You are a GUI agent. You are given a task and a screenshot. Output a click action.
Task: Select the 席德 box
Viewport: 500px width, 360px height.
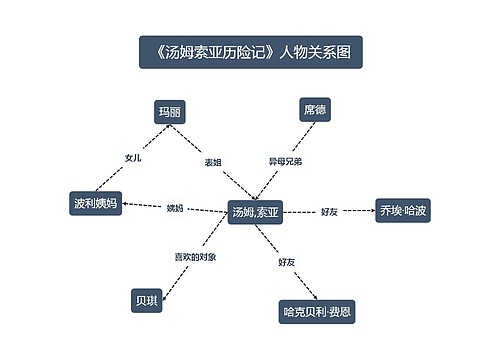coord(314,110)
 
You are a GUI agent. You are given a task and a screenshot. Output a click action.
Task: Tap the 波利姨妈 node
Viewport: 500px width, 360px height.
coord(95,204)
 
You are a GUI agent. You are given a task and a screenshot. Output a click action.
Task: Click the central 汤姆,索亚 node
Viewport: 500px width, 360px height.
coord(256,212)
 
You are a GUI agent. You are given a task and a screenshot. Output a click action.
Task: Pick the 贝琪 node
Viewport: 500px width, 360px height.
coord(146,299)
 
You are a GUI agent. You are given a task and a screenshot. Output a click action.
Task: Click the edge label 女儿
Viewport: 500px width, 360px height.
coord(133,158)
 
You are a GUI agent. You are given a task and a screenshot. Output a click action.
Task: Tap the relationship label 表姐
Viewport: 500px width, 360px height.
coord(213,161)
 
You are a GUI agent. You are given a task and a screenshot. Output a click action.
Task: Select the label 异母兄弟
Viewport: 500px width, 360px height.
coord(285,161)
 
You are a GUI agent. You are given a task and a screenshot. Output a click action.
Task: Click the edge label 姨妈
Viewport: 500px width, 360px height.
coord(175,208)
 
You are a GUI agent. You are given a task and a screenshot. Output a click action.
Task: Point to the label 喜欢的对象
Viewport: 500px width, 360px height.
coord(195,257)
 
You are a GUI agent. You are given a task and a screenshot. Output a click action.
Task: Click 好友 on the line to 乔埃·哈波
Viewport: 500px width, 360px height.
coord(329,212)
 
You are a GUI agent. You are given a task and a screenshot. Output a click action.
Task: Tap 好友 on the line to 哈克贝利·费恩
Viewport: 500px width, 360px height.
coord(287,261)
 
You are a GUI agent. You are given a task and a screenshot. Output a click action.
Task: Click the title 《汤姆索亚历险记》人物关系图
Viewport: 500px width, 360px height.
coord(250,52)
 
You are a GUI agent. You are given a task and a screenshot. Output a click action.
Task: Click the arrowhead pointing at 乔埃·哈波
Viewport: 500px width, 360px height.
coord(368,211)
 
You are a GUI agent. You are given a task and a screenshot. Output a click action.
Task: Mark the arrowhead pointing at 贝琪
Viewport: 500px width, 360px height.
coord(164,291)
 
